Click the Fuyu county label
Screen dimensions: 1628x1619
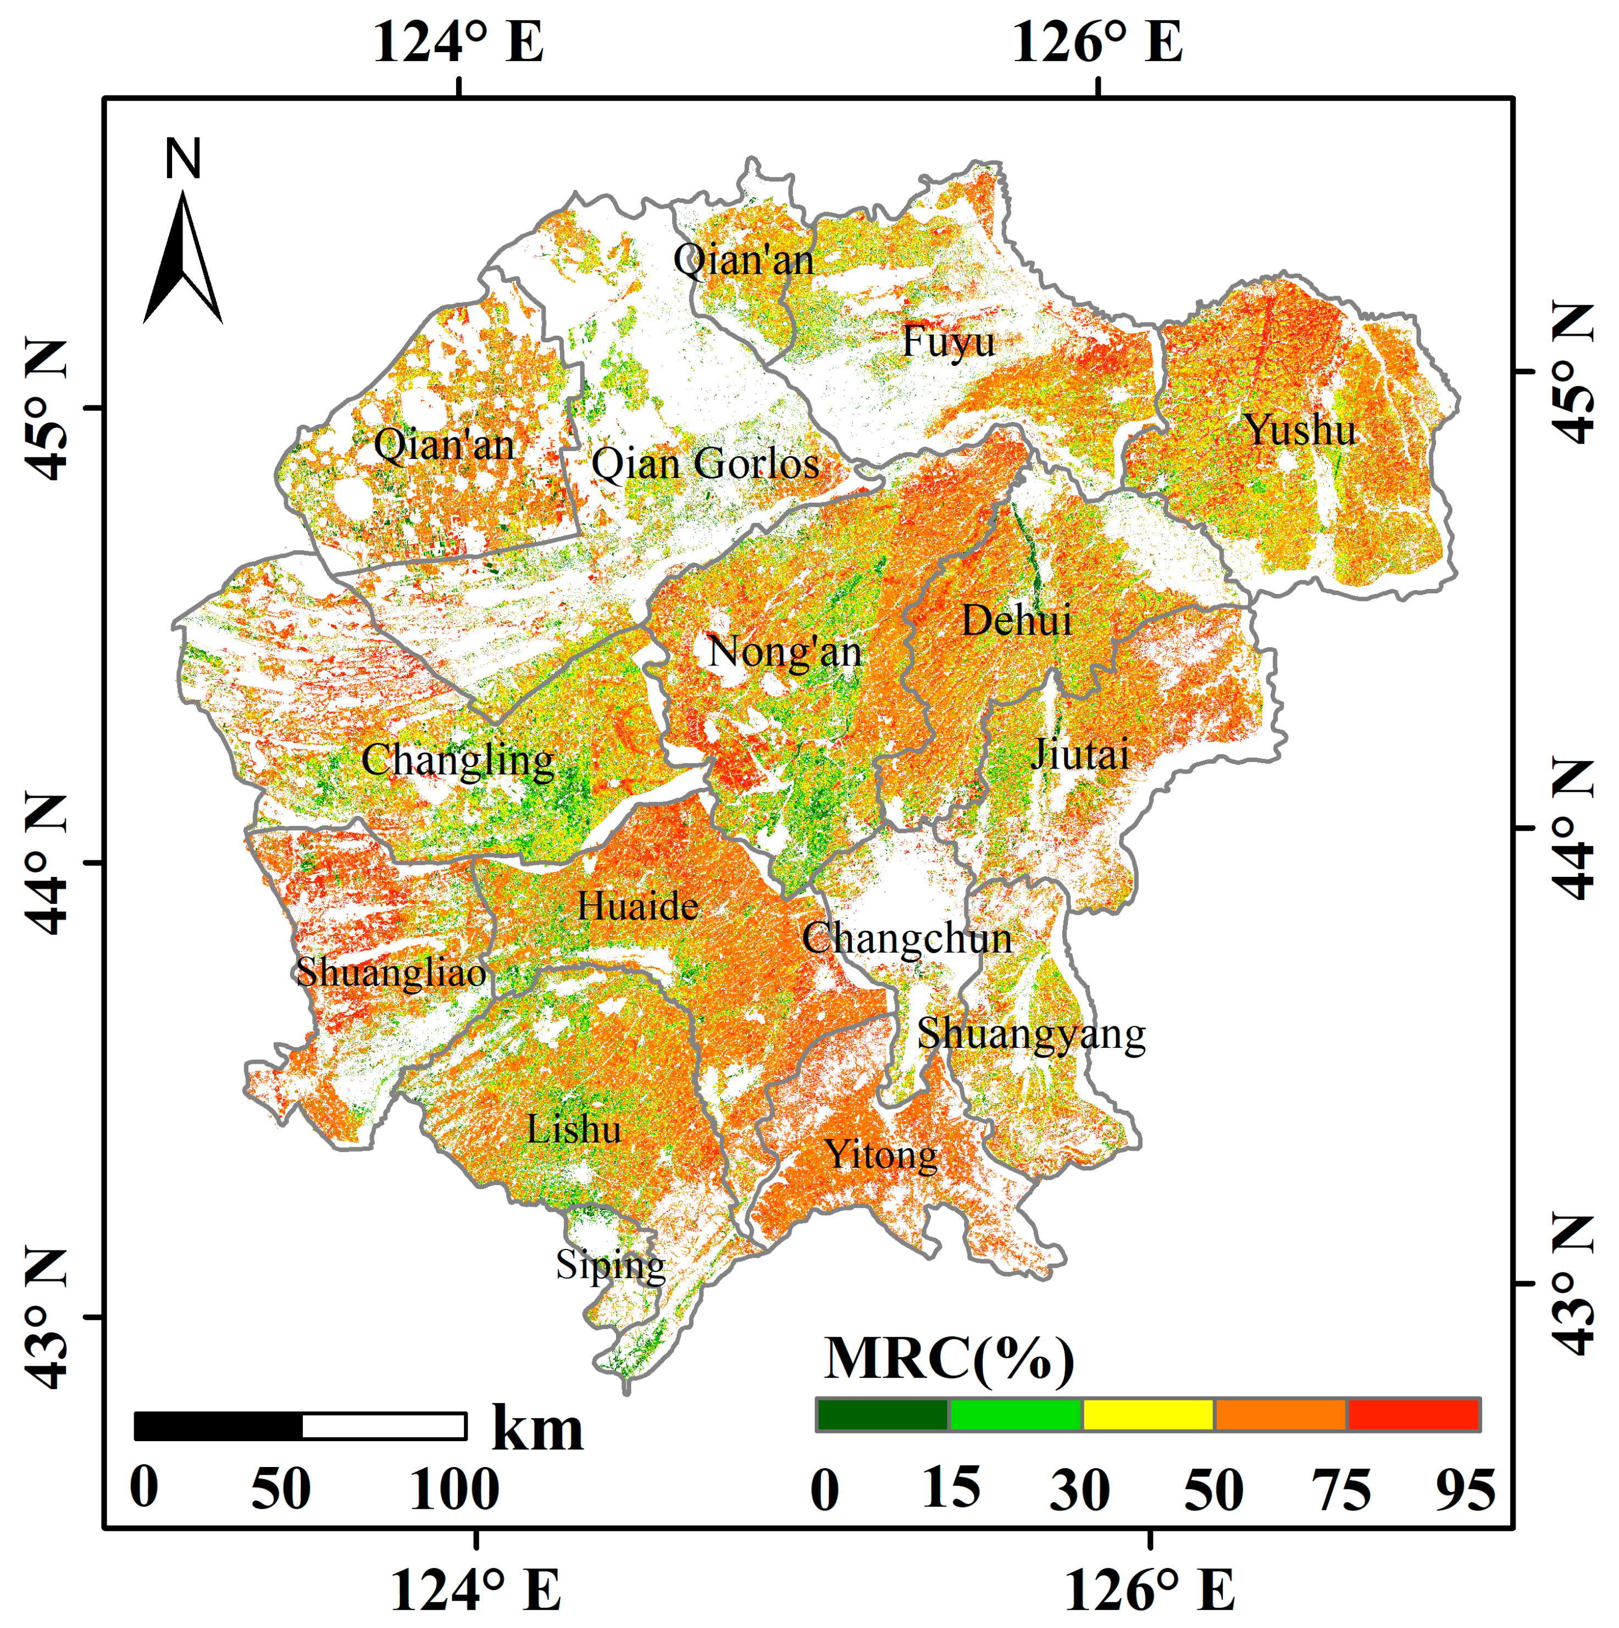click(x=948, y=341)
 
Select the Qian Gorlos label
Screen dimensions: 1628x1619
click(x=706, y=464)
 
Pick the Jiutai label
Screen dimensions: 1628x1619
click(x=1080, y=753)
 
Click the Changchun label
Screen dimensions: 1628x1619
click(x=907, y=938)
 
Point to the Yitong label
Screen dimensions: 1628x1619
click(x=881, y=1154)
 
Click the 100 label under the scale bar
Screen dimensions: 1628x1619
click(x=453, y=1489)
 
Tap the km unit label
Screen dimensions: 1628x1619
click(x=537, y=1429)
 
